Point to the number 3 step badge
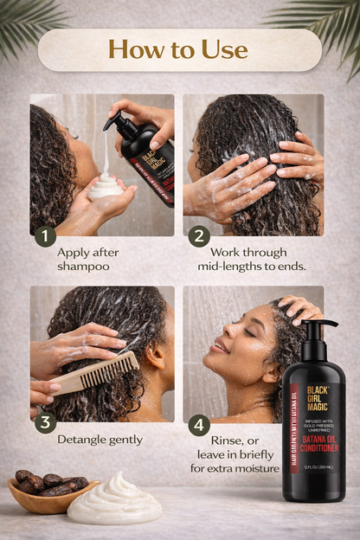pyautogui.click(x=44, y=424)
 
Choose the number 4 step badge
pyautogui.click(x=198, y=424)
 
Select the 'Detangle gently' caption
pyautogui.click(x=100, y=440)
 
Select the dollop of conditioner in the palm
pyautogui.click(x=106, y=185)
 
